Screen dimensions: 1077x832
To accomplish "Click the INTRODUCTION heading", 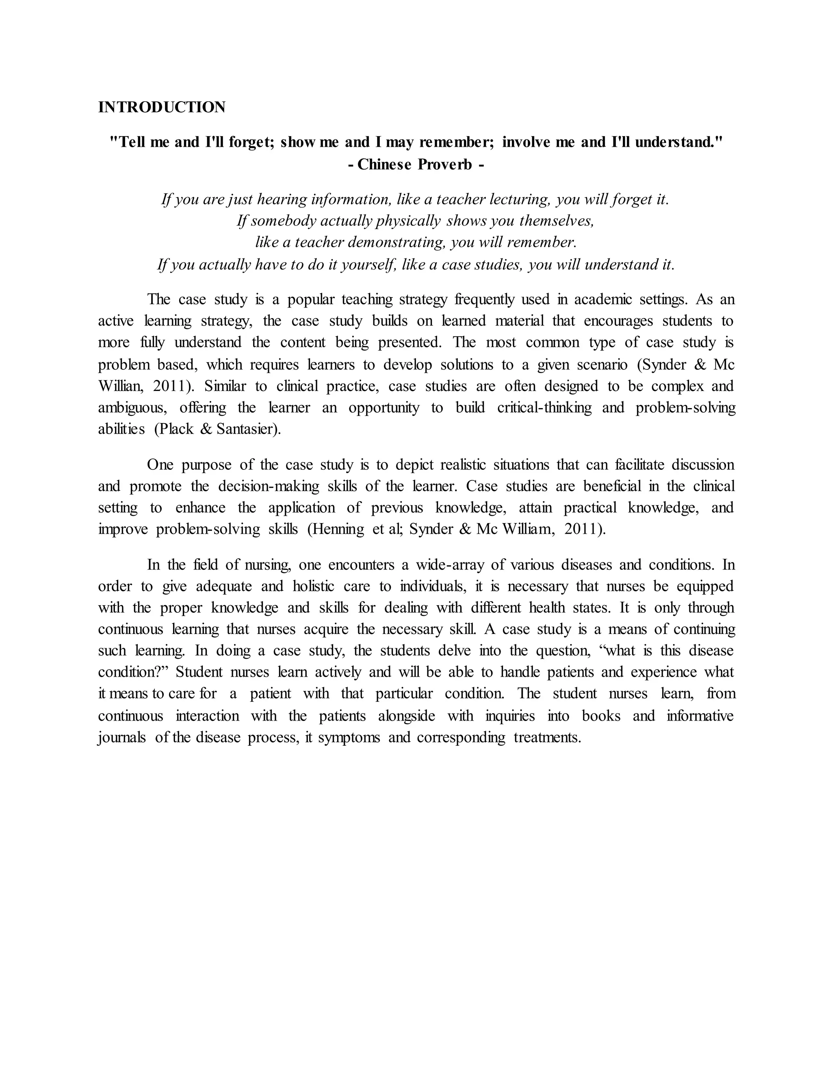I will click(x=162, y=107).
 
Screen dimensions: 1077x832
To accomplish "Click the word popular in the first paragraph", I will click(x=310, y=300).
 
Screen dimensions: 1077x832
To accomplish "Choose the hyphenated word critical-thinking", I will click(x=544, y=408).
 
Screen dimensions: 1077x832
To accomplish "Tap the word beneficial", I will click(x=612, y=486).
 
